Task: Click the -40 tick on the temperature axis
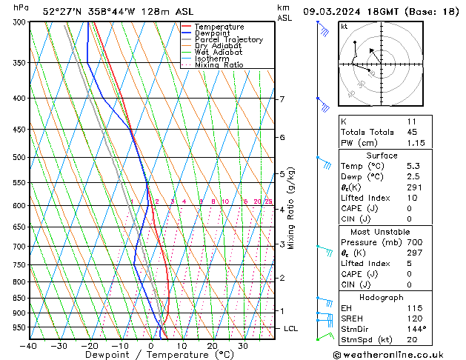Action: click(x=29, y=345)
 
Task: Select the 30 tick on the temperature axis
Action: click(x=242, y=345)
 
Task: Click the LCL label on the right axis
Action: click(x=291, y=328)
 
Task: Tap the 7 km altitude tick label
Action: click(x=282, y=99)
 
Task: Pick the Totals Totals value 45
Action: click(x=412, y=133)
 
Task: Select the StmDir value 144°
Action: click(x=415, y=328)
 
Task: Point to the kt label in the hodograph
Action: click(x=344, y=26)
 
